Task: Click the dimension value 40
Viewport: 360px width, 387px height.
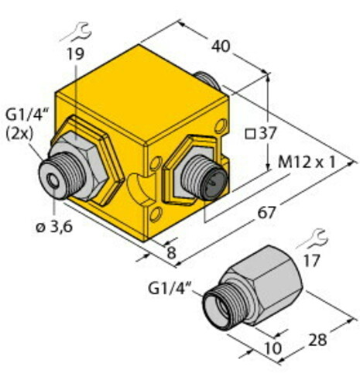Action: click(221, 46)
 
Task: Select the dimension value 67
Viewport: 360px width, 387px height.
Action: click(266, 213)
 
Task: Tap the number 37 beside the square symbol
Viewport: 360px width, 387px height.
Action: click(268, 133)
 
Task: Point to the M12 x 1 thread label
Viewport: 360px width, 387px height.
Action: click(307, 163)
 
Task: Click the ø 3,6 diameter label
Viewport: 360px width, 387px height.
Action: click(54, 227)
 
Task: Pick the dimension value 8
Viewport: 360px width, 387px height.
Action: click(171, 252)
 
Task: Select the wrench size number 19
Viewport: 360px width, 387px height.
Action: click(76, 54)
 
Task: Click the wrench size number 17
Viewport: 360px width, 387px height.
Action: click(312, 261)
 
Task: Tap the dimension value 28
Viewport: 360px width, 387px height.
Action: click(317, 340)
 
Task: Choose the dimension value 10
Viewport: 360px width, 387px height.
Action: click(273, 348)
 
